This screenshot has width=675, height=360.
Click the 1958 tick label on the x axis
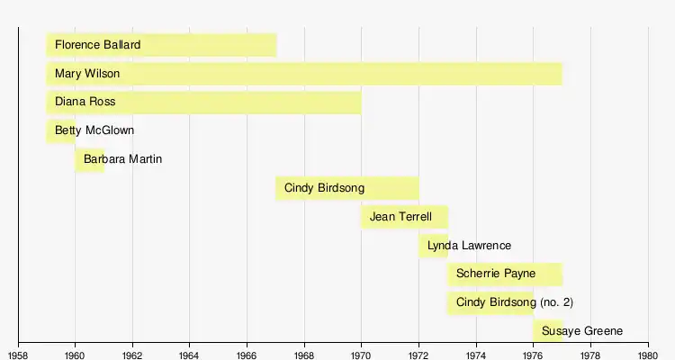19,352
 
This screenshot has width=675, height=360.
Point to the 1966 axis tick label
247,352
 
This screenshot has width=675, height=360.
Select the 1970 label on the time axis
362,352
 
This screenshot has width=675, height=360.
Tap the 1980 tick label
648,352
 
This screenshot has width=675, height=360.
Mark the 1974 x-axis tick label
476,352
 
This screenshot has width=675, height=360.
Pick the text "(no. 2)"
556,302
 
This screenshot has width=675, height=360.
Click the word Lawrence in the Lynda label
483,246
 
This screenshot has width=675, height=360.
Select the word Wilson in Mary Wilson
101,74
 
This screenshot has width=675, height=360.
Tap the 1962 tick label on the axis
133,352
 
